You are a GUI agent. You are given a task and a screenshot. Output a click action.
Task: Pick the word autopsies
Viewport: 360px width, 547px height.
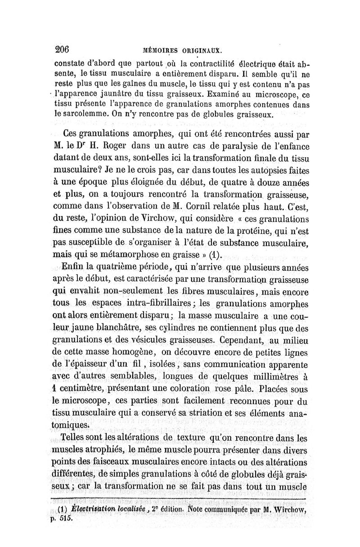267,172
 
